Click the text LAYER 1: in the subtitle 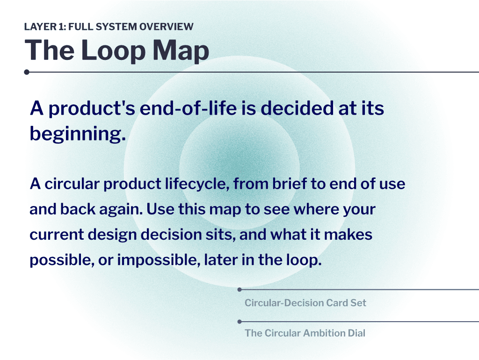[45, 27]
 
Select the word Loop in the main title [113, 51]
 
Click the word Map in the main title [181, 51]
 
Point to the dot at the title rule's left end [27, 72]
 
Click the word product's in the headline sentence [92, 109]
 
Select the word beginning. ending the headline [78, 134]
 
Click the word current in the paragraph [57, 235]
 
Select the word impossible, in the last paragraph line [159, 261]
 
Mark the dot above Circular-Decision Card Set [239, 289]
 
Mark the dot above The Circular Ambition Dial [239, 322]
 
